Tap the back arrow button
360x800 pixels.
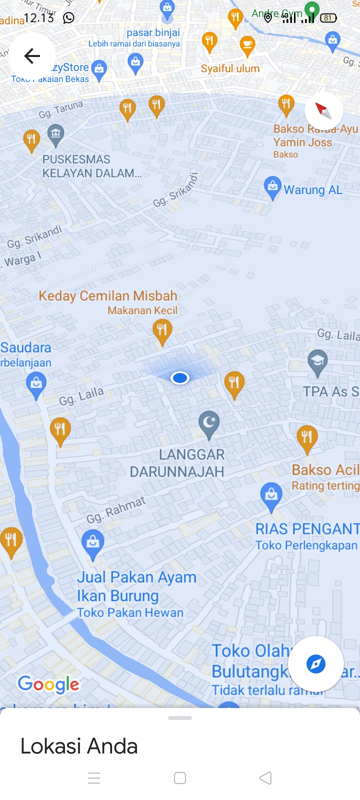pyautogui.click(x=32, y=56)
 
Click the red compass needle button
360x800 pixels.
pyautogui.click(x=323, y=110)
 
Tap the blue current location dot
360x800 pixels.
pyautogui.click(x=179, y=378)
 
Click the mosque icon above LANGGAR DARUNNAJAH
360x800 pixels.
pyautogui.click(x=209, y=424)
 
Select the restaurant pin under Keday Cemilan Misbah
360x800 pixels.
pyautogui.click(x=162, y=331)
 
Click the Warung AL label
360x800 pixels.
pyautogui.click(x=313, y=190)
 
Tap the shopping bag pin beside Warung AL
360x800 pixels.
pyautogui.click(x=272, y=188)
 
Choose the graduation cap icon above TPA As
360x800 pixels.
pyautogui.click(x=317, y=361)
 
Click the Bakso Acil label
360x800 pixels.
pyautogui.click(x=325, y=470)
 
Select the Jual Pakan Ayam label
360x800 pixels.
pyautogui.click(x=136, y=577)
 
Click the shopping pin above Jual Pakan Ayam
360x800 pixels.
pyautogui.click(x=93, y=543)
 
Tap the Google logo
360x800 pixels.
pyautogui.click(x=48, y=684)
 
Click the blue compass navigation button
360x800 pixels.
pyautogui.click(x=316, y=664)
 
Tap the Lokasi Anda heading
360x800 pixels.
pyautogui.click(x=79, y=746)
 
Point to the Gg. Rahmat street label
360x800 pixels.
pyautogui.click(x=116, y=510)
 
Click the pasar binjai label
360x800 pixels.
pyautogui.click(x=153, y=33)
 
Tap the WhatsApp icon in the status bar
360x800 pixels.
pyautogui.click(x=68, y=18)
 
